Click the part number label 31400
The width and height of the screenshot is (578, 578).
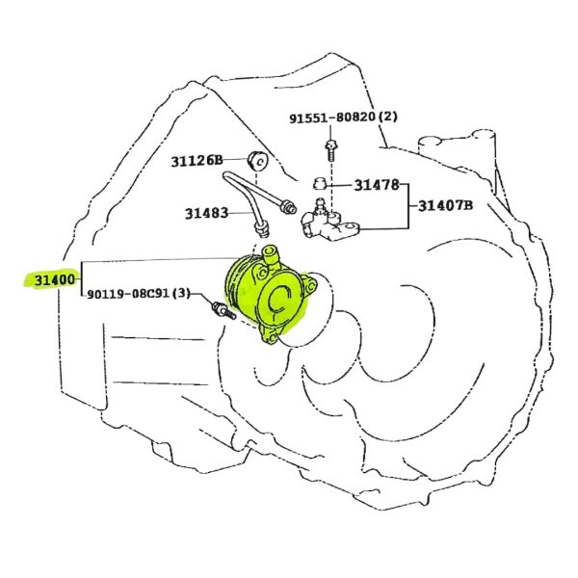[55, 280]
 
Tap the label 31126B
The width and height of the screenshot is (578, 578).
[197, 161]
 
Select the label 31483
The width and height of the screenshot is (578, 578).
[206, 213]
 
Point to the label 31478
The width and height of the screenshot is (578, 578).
[377, 185]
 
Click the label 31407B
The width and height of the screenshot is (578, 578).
[445, 205]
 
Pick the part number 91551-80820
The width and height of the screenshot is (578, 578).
[332, 118]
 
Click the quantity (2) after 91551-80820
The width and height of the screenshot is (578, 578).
[388, 118]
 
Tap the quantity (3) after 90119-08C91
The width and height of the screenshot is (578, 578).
[181, 294]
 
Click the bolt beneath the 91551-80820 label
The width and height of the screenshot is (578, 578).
[330, 150]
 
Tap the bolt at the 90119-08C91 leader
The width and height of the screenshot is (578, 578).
[223, 311]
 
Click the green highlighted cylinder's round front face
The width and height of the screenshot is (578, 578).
[280, 300]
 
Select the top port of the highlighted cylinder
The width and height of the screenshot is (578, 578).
[270, 254]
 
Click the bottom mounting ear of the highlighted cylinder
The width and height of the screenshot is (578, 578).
[270, 336]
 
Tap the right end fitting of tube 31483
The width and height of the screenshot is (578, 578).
[288, 206]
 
